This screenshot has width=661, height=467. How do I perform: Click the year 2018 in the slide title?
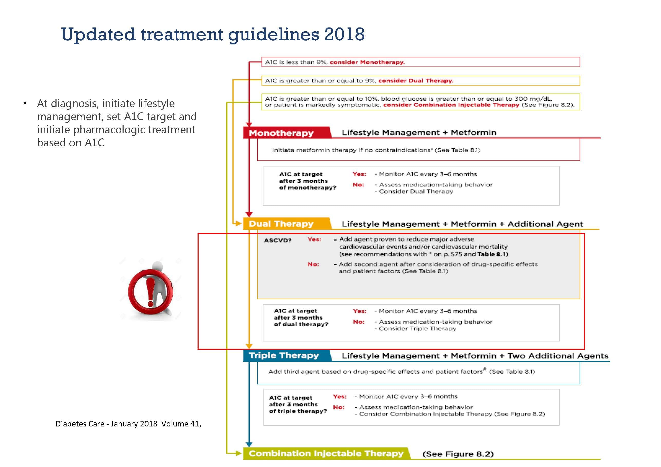click(x=344, y=34)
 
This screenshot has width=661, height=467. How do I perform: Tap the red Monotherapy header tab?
click(x=281, y=133)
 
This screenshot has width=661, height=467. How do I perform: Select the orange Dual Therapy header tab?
click(x=281, y=224)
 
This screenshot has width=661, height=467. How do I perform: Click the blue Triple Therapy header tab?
click(x=284, y=355)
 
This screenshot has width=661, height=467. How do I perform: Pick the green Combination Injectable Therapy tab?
click(x=326, y=453)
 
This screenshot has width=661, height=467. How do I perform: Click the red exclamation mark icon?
click(x=150, y=292)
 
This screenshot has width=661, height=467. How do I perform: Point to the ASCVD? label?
click(x=278, y=240)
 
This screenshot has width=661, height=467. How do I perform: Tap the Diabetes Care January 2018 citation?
click(x=128, y=424)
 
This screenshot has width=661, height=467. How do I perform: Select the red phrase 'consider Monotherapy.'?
click(x=367, y=62)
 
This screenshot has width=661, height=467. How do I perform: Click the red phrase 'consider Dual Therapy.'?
click(x=416, y=81)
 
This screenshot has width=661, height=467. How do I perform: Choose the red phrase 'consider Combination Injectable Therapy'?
click(x=451, y=105)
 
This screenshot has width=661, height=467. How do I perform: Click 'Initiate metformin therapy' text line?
click(x=376, y=150)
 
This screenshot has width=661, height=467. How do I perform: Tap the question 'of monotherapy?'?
click(x=308, y=188)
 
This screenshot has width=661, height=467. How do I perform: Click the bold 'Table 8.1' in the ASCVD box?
click(x=491, y=254)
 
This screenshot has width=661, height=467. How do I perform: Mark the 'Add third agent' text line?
click(x=402, y=371)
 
